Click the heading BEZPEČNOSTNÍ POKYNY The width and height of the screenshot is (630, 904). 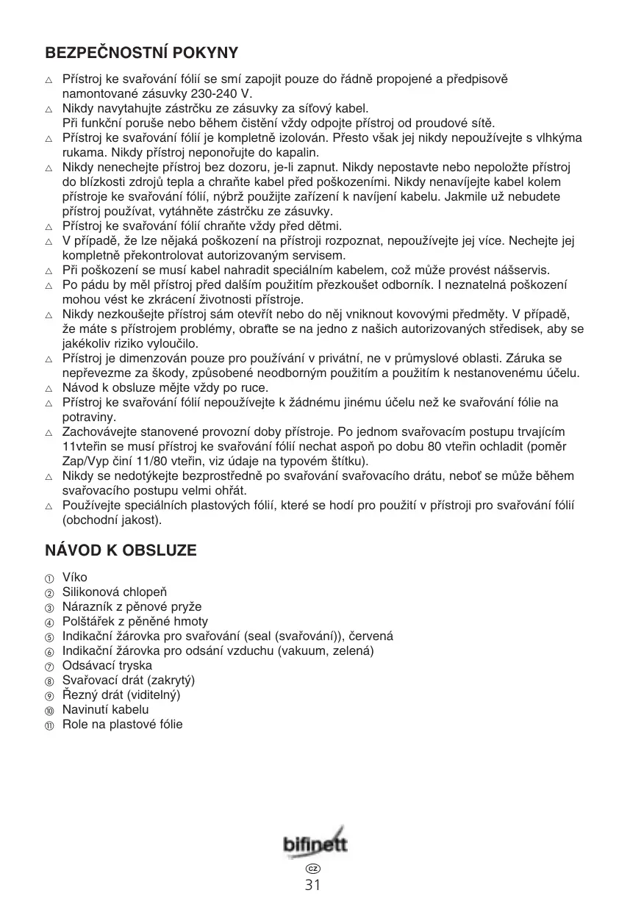tap(142, 53)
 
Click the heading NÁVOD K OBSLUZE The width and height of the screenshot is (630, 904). tap(121, 550)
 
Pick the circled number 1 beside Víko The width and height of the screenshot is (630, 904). tap(50, 578)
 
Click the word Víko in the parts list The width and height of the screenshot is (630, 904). tap(75, 578)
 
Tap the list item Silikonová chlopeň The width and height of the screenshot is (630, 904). tap(115, 592)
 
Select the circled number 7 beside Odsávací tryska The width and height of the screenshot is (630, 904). tap(50, 667)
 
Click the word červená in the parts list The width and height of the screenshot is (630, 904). tap(371, 636)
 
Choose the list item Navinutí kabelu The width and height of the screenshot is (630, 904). tap(106, 710)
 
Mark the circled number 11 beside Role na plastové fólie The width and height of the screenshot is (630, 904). tap(50, 725)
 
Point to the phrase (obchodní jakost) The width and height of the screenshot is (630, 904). tap(112, 520)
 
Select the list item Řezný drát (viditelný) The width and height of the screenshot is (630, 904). tap(121, 695)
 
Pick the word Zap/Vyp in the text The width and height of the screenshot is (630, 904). tap(82, 462)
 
